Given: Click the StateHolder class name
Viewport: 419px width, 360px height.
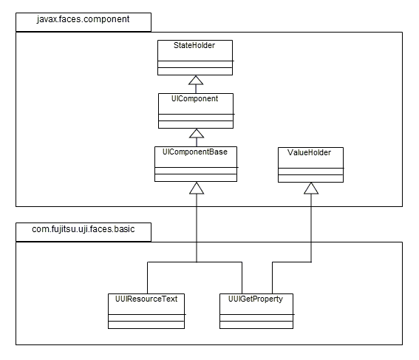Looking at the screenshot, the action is tap(194, 45).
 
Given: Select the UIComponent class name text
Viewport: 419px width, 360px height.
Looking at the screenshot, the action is tap(195, 98).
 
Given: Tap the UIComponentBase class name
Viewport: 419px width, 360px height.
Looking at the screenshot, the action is tap(195, 152).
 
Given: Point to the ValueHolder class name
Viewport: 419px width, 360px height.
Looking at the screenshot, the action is tap(309, 152).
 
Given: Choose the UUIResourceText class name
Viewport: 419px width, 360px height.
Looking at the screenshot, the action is tap(146, 299).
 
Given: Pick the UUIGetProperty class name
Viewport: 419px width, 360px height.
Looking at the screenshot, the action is tap(256, 299).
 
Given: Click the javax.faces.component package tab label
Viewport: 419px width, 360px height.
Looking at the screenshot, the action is tap(83, 19).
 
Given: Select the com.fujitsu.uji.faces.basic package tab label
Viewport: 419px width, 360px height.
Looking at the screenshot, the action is tap(83, 229).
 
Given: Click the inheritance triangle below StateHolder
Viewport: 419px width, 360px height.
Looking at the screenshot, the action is tap(196, 80).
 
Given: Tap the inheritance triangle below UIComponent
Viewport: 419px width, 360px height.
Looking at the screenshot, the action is tap(197, 133).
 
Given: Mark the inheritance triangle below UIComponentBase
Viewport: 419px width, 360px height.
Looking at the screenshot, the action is tap(197, 189).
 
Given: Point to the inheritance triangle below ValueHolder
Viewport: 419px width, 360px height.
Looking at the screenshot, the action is tap(311, 189).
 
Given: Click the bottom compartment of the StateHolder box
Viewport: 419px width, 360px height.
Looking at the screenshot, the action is tap(195, 72).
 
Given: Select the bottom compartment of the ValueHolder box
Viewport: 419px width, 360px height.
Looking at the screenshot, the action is tap(311, 179).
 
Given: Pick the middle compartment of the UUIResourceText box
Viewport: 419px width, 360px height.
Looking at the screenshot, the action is tap(146, 318).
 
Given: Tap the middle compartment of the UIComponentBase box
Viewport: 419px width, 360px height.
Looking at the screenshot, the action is tap(196, 171).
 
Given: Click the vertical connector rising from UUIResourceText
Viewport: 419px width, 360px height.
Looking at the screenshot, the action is tap(148, 278).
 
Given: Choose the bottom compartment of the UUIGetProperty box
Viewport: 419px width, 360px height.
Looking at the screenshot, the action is tap(256, 325).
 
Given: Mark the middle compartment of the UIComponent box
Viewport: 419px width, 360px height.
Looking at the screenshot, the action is tap(196, 118).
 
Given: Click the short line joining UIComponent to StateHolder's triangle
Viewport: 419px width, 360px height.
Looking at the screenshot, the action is tap(196, 89).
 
